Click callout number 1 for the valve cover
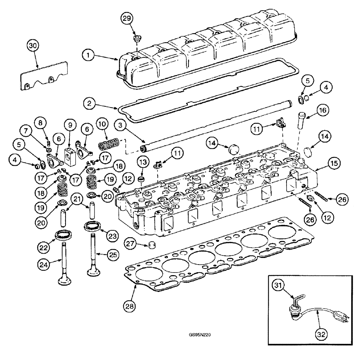pyautogui.click(x=88, y=56)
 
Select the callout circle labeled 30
pyautogui.click(x=33, y=46)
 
